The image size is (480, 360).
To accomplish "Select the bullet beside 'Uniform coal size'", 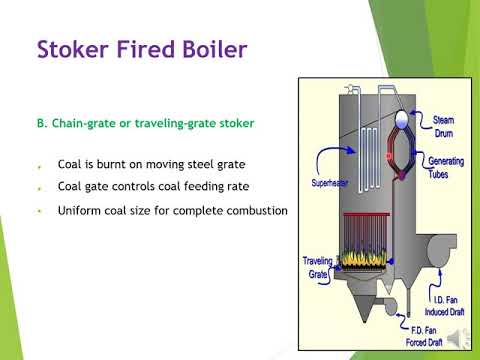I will coord(37,212).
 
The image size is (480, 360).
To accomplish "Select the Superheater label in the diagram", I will coord(331,183).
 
